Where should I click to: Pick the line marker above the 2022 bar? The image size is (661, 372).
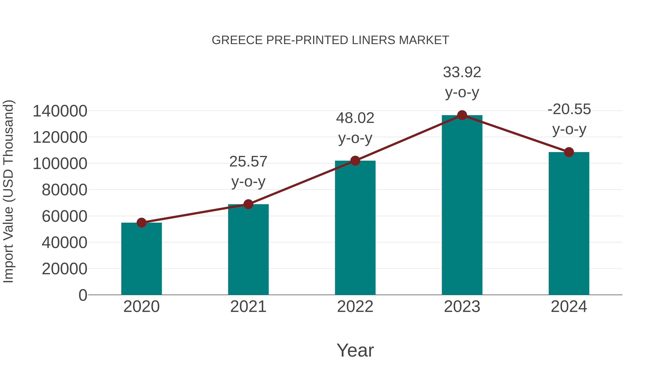click(x=355, y=161)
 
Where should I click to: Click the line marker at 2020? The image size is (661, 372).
click(x=141, y=223)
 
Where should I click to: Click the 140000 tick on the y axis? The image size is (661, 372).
click(x=60, y=112)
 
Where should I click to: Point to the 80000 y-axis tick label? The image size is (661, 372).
click(x=64, y=190)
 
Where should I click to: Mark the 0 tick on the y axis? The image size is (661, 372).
click(x=83, y=295)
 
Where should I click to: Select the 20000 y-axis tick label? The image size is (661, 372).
click(x=64, y=269)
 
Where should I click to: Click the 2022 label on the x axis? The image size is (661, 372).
click(x=355, y=307)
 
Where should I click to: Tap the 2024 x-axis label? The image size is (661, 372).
click(x=569, y=307)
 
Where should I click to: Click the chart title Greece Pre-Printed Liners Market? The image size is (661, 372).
click(x=330, y=40)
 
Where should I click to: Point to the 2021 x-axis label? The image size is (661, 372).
click(x=248, y=307)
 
